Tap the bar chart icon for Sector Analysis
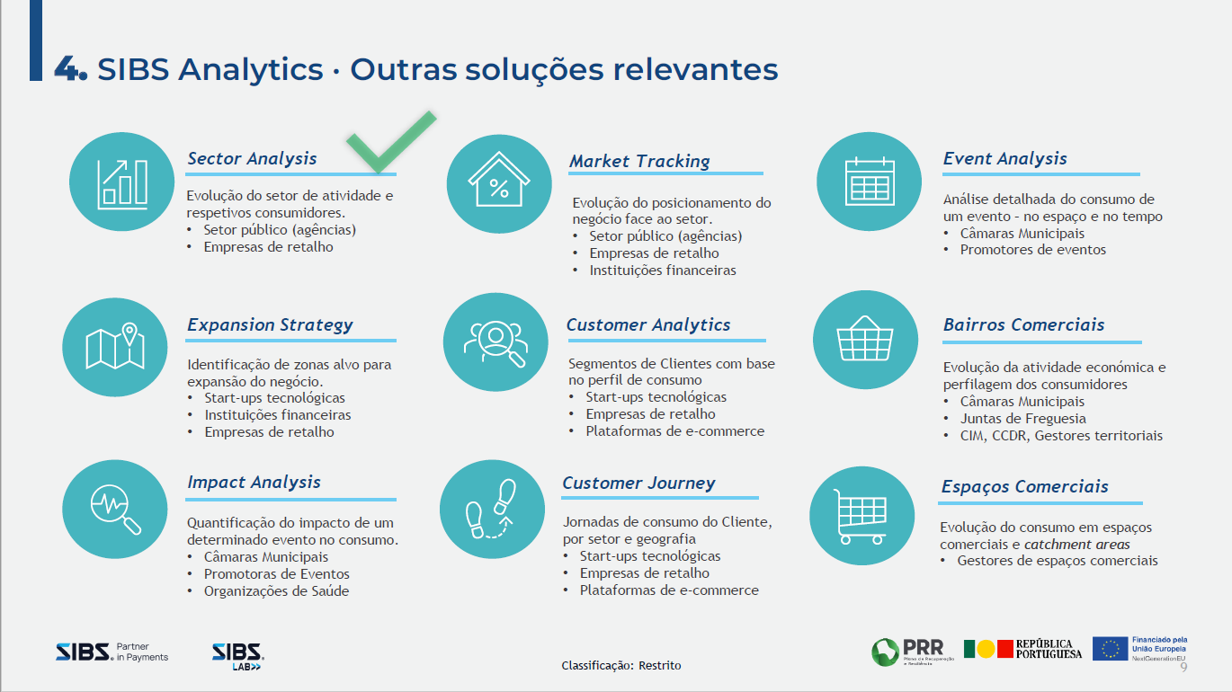click(122, 183)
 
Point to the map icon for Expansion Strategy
click(115, 347)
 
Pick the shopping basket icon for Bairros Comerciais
click(865, 340)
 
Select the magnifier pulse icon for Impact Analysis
click(115, 510)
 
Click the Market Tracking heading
click(639, 162)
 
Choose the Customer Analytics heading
click(648, 325)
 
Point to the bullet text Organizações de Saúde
click(276, 591)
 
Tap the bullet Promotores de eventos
click(1032, 250)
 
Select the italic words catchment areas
click(1077, 545)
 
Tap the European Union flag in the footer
click(1111, 649)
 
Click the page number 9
click(1183, 667)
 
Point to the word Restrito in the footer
click(660, 666)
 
